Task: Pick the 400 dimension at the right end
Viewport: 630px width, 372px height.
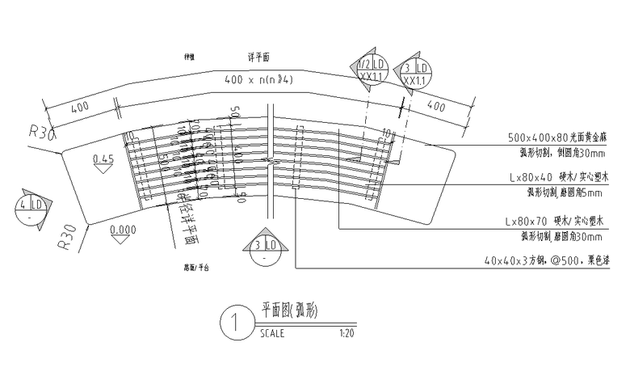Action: (x=435, y=106)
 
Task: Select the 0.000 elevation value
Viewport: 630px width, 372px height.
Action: (x=122, y=229)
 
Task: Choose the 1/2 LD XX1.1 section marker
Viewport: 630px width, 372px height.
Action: (x=374, y=72)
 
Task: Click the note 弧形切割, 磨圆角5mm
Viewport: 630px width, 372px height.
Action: (x=565, y=192)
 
